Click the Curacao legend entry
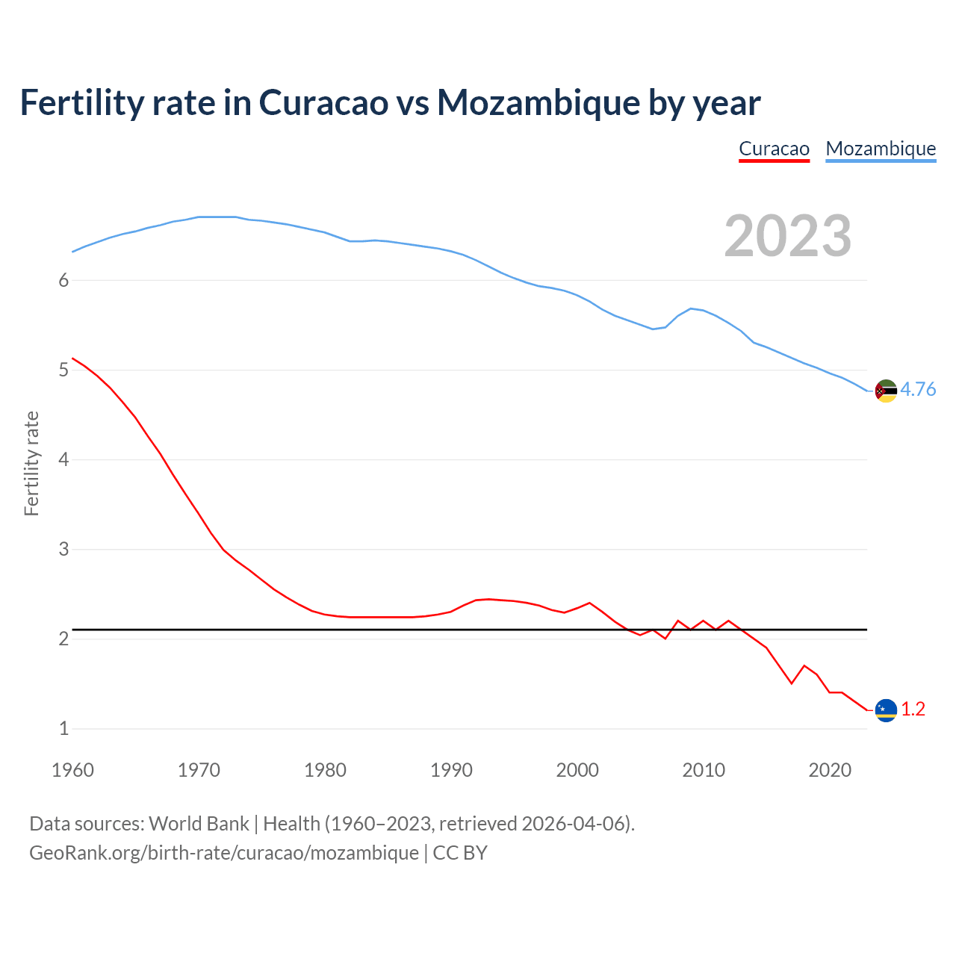pos(774,149)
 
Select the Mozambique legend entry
pos(881,149)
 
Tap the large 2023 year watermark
pos(787,236)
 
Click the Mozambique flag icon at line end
pos(886,391)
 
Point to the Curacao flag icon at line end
pos(886,710)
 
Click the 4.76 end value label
pos(918,390)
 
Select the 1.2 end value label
pos(913,710)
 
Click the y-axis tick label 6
pos(63,280)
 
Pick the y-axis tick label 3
pos(63,549)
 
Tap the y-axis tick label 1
pos(63,728)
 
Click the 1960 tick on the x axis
pos(72,770)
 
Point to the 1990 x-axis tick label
pos(451,770)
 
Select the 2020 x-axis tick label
pos(830,770)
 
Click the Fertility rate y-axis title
pos(31,463)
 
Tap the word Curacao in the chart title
pos(323,102)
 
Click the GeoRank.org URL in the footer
pos(224,853)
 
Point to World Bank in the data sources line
pos(199,824)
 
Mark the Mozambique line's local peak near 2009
pos(691,308)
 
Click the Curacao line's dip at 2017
pos(792,683)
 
